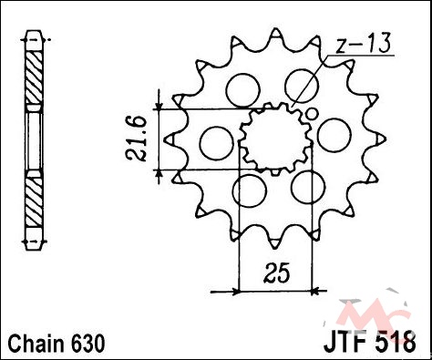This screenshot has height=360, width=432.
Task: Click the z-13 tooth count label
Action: pyautogui.click(x=364, y=45)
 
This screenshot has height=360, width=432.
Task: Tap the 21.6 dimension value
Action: pyautogui.click(x=137, y=139)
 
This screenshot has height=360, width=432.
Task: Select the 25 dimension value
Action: pyautogui.click(x=276, y=273)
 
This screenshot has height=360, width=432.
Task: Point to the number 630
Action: pyautogui.click(x=88, y=344)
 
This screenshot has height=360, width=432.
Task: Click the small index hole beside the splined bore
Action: pyautogui.click(x=312, y=114)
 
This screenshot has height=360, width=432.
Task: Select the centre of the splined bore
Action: pyautogui.click(x=275, y=139)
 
